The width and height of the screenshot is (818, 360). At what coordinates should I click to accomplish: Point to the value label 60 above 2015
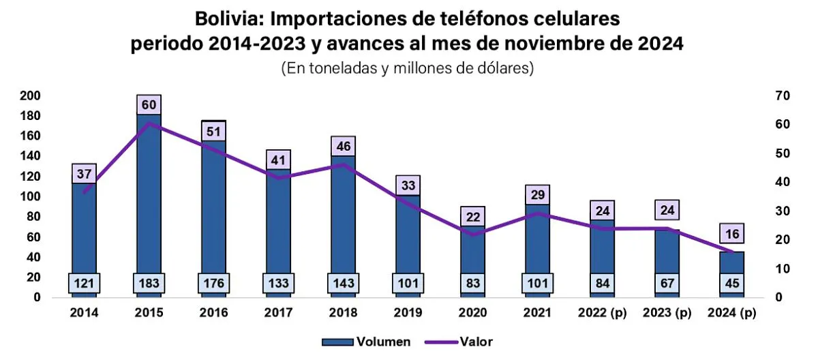(x=149, y=105)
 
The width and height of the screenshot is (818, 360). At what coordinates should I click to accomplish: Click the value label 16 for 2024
(x=732, y=233)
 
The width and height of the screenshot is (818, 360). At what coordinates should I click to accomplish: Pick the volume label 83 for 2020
(x=472, y=282)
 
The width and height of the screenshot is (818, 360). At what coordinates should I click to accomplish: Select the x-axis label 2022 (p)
(x=603, y=313)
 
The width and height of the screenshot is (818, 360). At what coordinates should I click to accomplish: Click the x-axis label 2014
(x=84, y=313)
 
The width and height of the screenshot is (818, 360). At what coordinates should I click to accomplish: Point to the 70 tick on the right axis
(x=782, y=95)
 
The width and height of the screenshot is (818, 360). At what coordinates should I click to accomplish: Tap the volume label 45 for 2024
(x=732, y=282)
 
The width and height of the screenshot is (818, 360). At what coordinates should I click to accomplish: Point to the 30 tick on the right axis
(x=782, y=211)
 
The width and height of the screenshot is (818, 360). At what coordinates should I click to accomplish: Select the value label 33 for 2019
(x=408, y=185)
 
